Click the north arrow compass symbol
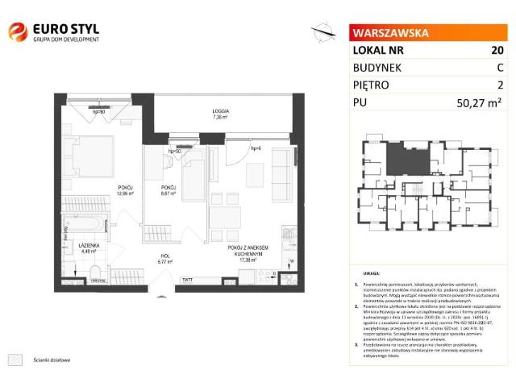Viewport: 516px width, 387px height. click(324, 33)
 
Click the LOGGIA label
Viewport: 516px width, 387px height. click(219, 110)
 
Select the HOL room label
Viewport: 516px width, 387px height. click(164, 256)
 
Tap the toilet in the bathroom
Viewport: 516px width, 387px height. click(94, 271)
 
